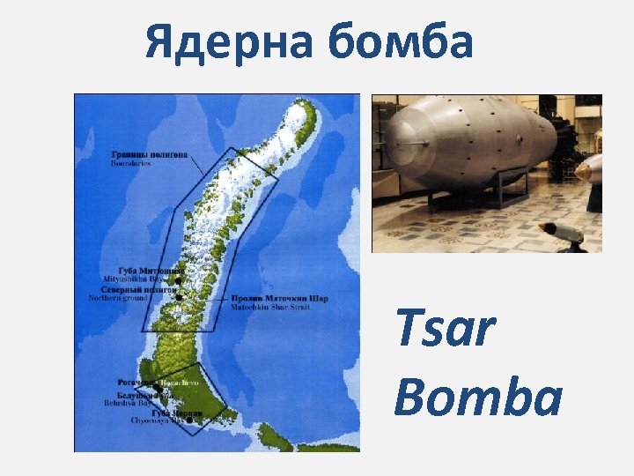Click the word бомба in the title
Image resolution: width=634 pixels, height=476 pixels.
pyautogui.click(x=403, y=42)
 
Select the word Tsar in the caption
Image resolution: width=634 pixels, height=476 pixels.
pyautogui.click(x=446, y=331)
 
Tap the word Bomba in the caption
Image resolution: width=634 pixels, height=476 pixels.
pyautogui.click(x=478, y=396)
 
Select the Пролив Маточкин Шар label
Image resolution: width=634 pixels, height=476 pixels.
pyautogui.click(x=279, y=299)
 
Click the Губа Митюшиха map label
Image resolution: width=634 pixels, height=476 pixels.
pyautogui.click(x=151, y=269)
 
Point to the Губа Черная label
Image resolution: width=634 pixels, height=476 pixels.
pyautogui.click(x=175, y=413)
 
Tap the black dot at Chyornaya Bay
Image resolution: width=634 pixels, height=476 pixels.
pyautogui.click(x=190, y=420)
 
